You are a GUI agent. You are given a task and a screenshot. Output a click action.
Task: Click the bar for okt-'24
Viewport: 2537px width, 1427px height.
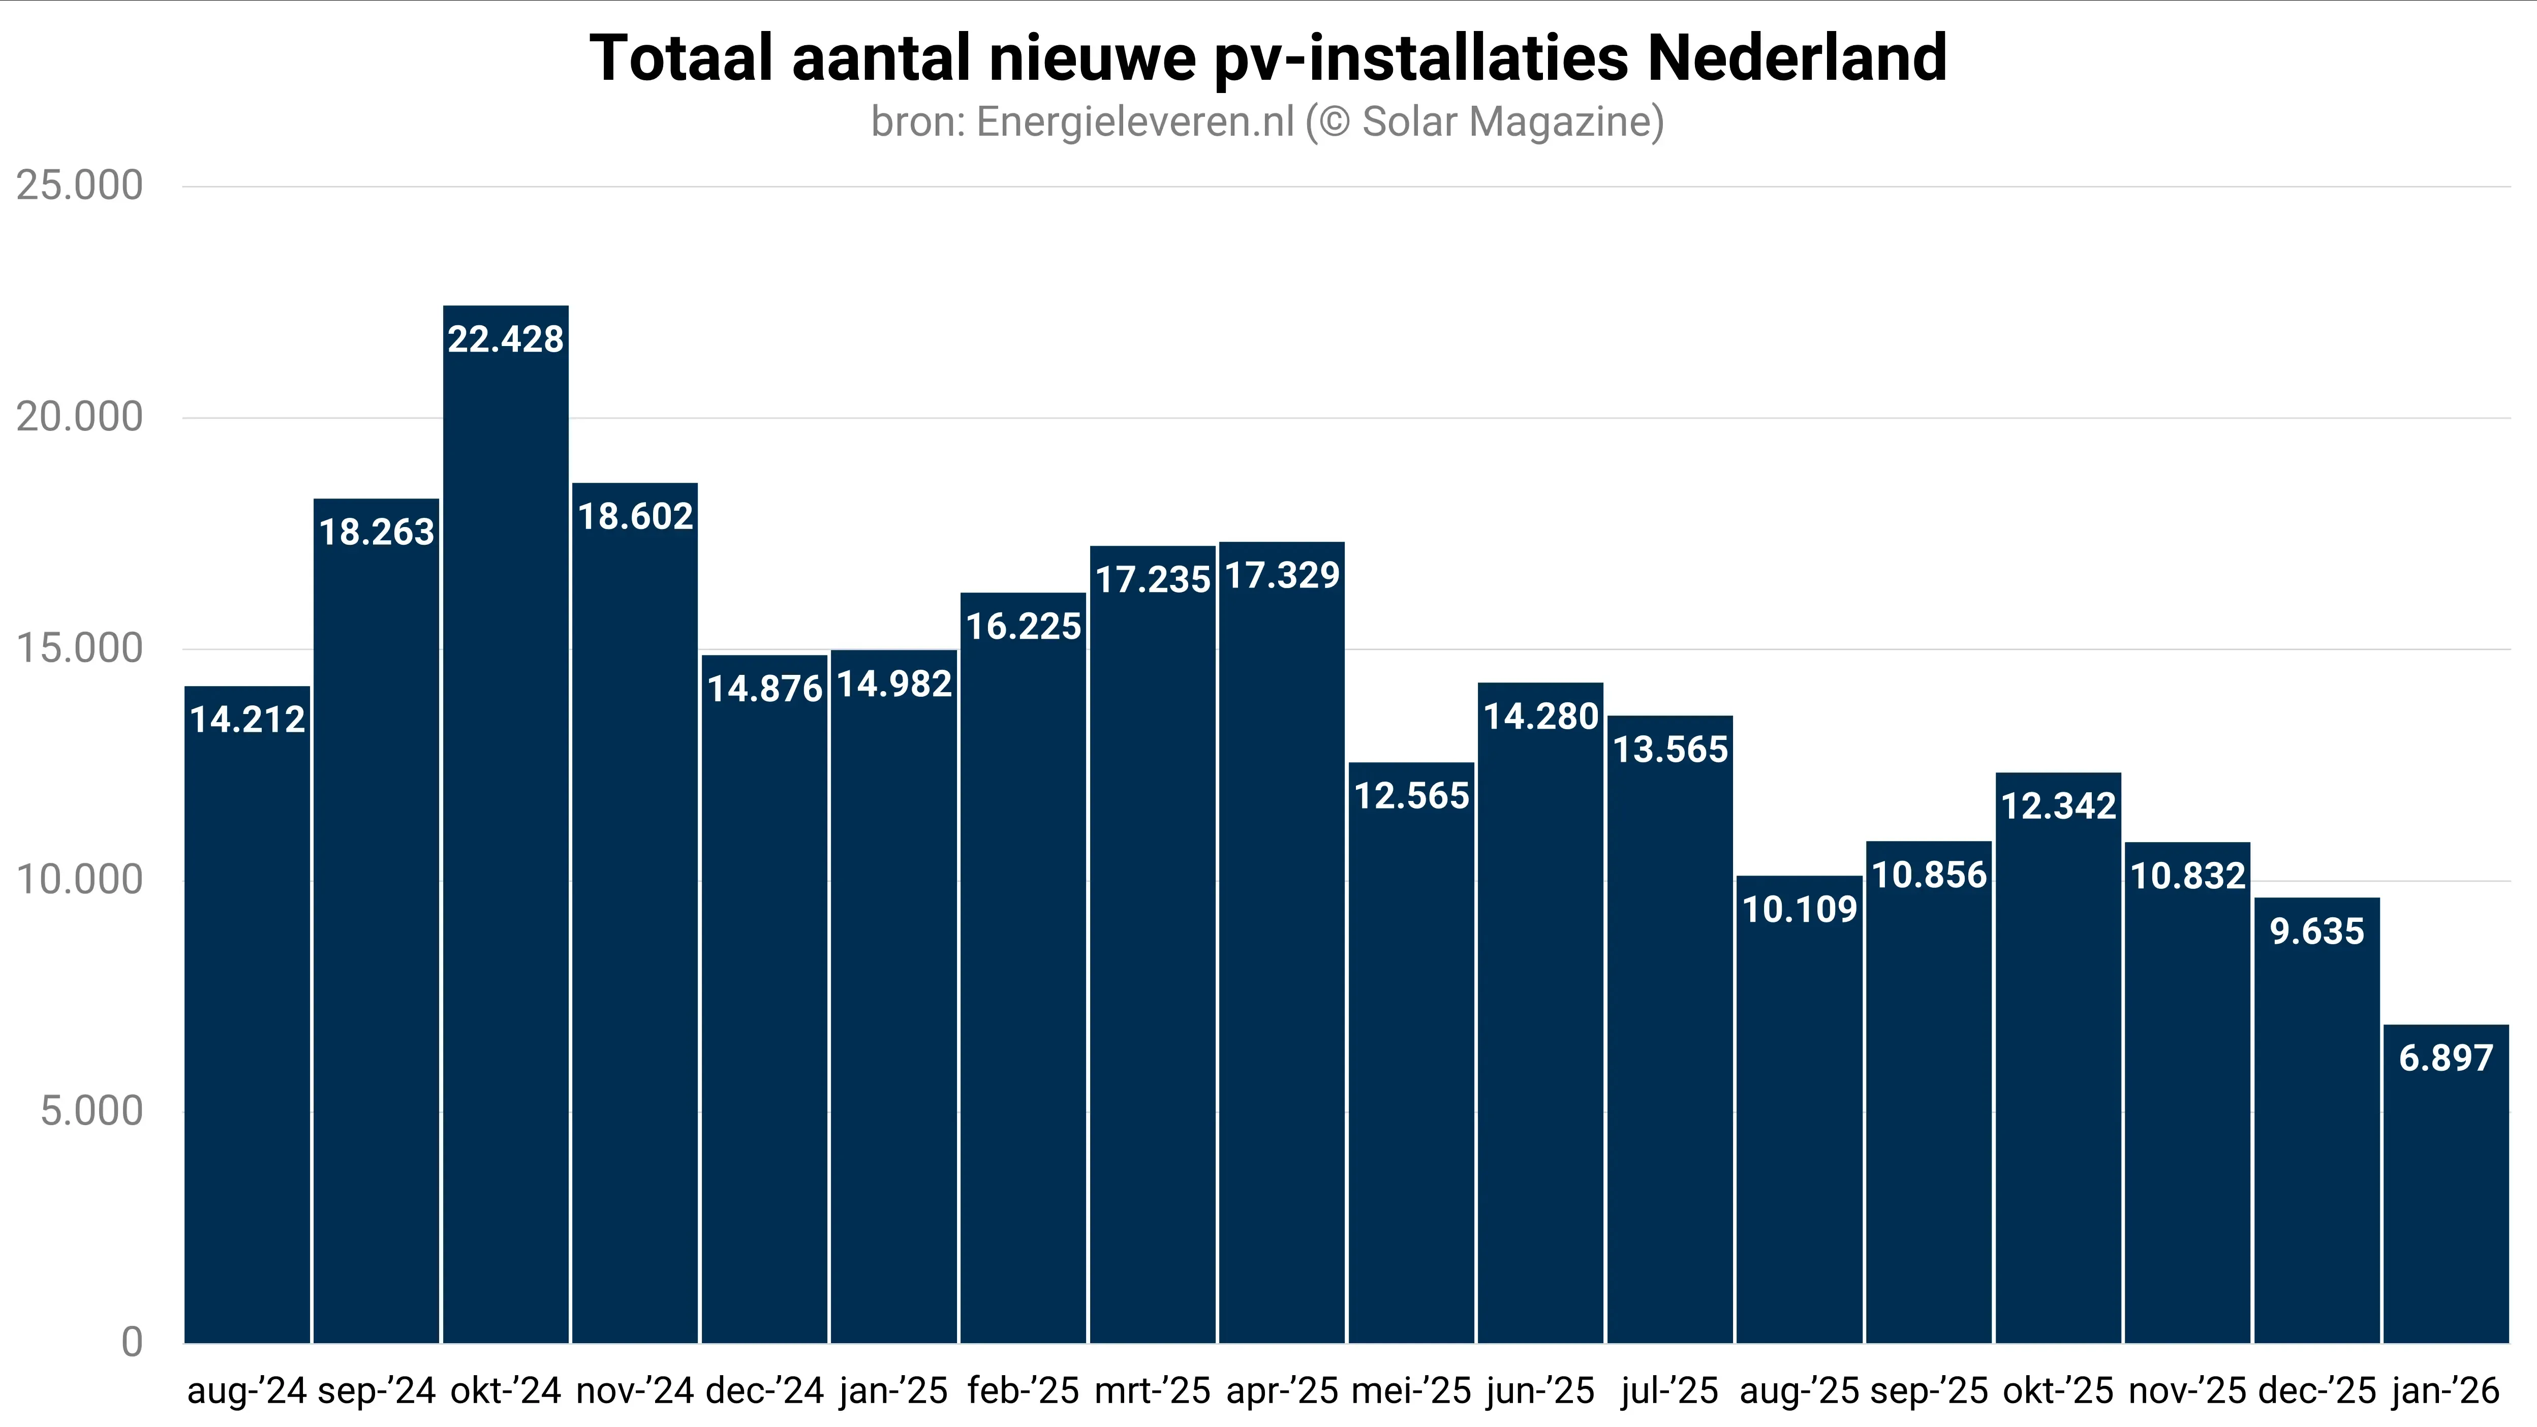(505, 837)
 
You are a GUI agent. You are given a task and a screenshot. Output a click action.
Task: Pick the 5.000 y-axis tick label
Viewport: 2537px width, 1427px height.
(91, 1111)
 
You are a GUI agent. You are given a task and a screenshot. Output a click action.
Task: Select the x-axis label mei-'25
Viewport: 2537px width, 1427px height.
(1411, 1390)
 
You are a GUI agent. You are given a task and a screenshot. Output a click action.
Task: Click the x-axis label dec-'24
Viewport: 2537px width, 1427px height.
(764, 1390)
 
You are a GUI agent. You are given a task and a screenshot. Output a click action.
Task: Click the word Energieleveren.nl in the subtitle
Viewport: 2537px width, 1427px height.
(1134, 122)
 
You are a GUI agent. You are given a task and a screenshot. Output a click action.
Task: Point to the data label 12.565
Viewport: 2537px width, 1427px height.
(1411, 796)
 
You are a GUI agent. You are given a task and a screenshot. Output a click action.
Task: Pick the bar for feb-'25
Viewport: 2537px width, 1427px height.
(1023, 985)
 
